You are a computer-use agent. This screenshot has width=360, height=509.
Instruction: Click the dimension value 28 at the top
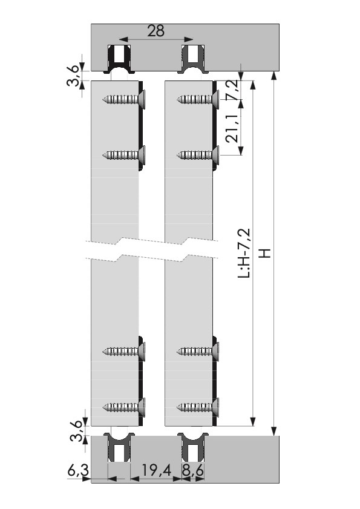(x=156, y=31)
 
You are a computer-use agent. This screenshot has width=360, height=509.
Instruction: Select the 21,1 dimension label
(x=232, y=128)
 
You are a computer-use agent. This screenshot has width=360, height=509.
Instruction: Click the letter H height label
(x=266, y=253)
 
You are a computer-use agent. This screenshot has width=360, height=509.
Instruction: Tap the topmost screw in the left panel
(x=123, y=99)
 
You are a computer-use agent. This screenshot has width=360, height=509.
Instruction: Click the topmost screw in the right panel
(x=198, y=99)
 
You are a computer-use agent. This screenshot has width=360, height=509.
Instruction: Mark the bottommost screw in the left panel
(x=123, y=407)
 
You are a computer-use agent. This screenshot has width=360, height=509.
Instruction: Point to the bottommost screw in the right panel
(x=198, y=407)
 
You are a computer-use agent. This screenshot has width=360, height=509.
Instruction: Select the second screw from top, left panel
(x=123, y=155)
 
